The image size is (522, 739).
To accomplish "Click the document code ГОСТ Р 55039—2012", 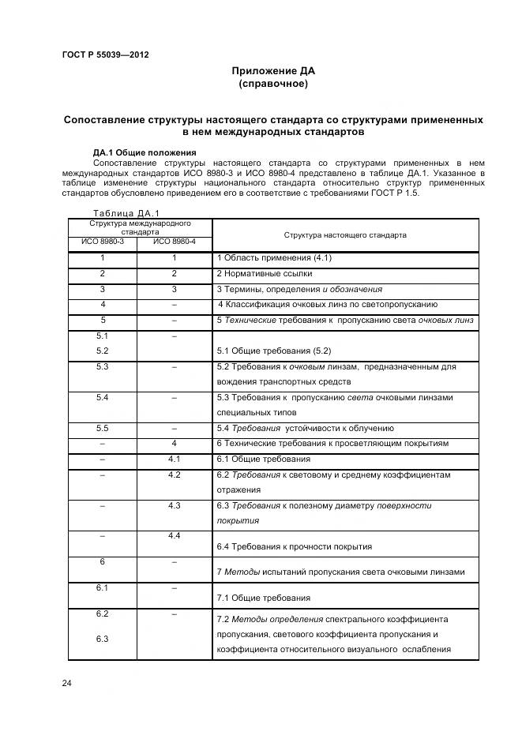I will tap(105, 54).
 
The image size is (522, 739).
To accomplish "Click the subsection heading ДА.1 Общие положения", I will tap(145, 152).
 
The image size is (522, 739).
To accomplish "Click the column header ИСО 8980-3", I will tap(103, 242).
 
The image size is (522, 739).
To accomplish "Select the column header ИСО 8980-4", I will tap(174, 242).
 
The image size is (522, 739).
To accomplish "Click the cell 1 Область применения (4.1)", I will tap(274, 259).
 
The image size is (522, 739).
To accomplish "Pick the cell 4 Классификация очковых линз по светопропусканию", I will tap(327, 305).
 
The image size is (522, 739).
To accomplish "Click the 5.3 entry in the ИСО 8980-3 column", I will tap(102, 366).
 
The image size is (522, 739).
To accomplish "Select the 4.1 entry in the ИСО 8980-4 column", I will tap(174, 459).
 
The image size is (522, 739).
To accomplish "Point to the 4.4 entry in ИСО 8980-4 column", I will tap(174, 536).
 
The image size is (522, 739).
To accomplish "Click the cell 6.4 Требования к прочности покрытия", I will tap(294, 546).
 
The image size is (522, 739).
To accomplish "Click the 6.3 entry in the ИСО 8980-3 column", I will tap(102, 639).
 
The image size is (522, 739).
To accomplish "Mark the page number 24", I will tap(67, 683).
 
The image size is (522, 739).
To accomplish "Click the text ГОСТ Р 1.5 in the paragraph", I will tap(395, 193).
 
